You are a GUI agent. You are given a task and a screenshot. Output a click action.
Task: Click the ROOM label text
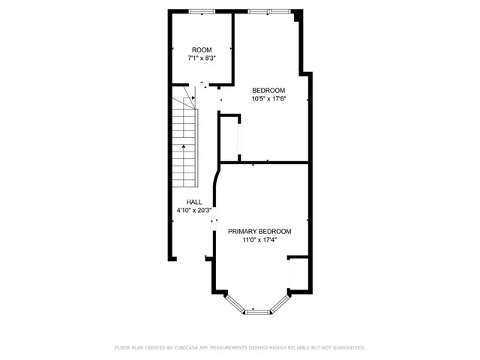coord(201,49)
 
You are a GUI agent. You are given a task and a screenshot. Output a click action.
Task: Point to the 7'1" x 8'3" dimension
coord(201,58)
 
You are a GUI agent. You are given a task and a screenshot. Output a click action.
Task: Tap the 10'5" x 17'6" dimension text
coord(268,98)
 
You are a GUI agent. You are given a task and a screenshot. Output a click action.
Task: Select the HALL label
coord(194,202)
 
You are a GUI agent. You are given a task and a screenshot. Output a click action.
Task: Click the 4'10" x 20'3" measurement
coord(194,211)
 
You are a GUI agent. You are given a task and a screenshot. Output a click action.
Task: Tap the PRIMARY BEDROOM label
coord(259,232)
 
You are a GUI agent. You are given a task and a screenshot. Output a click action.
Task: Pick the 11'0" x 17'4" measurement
coord(259,241)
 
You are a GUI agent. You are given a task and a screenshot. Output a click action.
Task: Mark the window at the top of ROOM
coord(200,11)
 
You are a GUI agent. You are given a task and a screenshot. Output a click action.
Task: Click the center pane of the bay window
coord(257,311)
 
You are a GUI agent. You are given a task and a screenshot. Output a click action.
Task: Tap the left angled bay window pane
coord(235,303)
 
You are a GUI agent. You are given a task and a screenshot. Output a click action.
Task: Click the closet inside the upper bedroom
coord(229,138)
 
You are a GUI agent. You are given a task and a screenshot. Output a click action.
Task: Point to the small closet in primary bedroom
coord(298,274)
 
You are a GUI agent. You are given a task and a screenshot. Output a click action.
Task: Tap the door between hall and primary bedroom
coord(214,217)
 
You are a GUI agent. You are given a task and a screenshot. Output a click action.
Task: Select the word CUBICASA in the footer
coord(191,348)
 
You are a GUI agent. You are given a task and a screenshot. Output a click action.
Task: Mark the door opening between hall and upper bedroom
coord(218,98)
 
